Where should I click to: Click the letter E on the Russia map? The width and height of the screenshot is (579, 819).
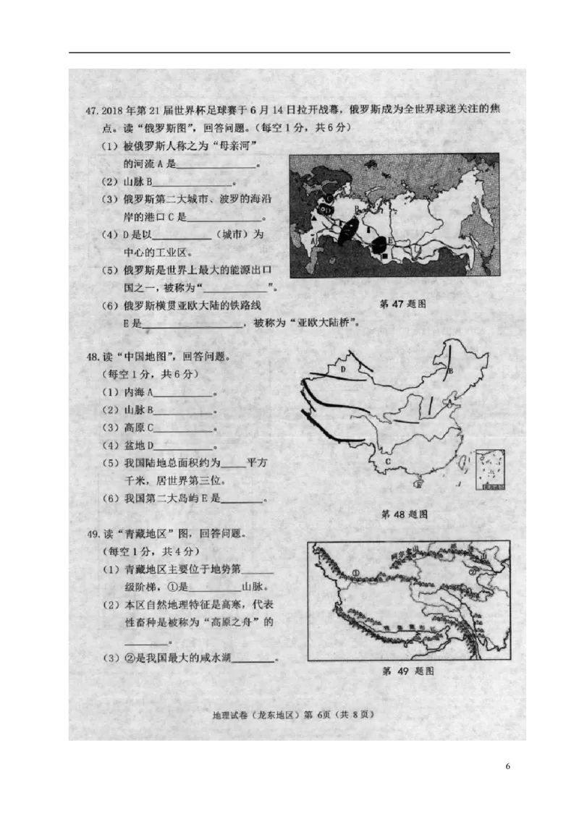(391, 240)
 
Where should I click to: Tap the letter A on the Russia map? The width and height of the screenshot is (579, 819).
(313, 241)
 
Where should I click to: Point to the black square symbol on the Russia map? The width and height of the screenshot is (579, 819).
(384, 255)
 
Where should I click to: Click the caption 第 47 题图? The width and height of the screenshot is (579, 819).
(402, 304)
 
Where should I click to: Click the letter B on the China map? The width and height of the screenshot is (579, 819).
(449, 372)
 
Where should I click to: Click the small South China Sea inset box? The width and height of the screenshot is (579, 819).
(489, 470)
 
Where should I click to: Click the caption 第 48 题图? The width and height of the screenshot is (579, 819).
(403, 514)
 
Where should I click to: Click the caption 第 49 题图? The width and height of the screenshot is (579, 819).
(407, 671)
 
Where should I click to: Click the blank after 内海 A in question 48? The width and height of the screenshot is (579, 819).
(184, 394)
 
